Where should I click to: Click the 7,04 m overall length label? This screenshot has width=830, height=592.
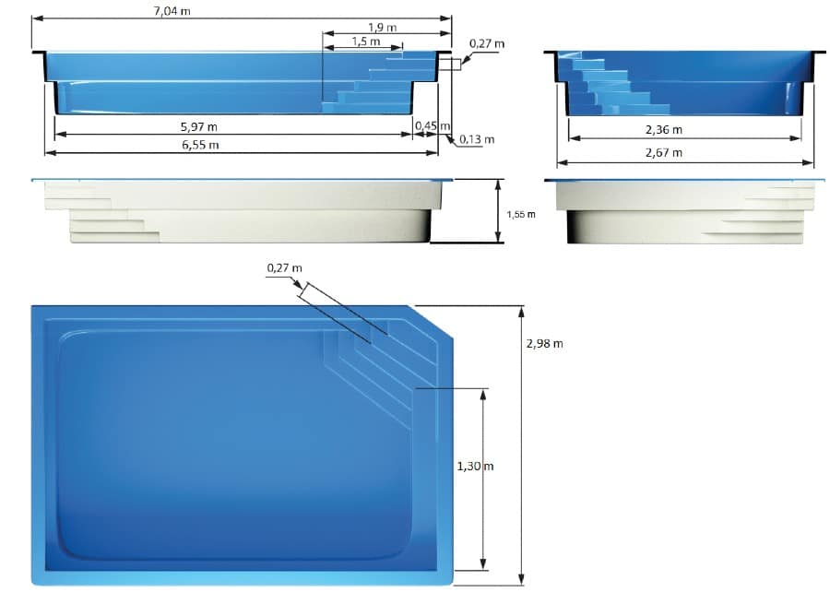pos(172,10)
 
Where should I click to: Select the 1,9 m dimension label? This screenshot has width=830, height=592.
pos(382,27)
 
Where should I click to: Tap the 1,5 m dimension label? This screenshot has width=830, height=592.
pos(366,41)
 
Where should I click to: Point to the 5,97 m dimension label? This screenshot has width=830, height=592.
pos(198,127)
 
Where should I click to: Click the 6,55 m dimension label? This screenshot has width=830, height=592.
pos(200,145)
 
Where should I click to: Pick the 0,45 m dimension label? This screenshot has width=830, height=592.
pos(433,126)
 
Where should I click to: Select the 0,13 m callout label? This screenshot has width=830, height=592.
pos(477,139)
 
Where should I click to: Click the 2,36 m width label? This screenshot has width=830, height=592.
pos(664,130)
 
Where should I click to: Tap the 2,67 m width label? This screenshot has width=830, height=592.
pos(664,153)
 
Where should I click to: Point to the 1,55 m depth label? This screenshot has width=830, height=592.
pos(521,214)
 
